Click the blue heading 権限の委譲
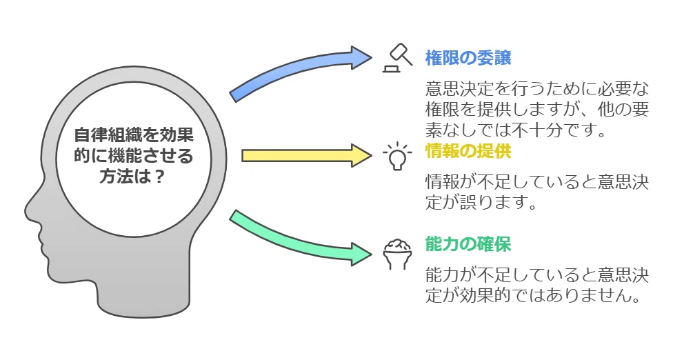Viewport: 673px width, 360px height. click(468, 57)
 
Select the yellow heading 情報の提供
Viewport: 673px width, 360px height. click(468, 151)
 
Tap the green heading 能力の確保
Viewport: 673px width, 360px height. click(468, 244)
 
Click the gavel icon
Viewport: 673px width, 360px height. click(397, 58)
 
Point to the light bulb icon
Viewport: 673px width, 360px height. click(397, 156)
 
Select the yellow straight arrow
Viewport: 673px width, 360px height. click(307, 155)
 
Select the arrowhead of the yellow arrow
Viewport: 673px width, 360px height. click(362, 155)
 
